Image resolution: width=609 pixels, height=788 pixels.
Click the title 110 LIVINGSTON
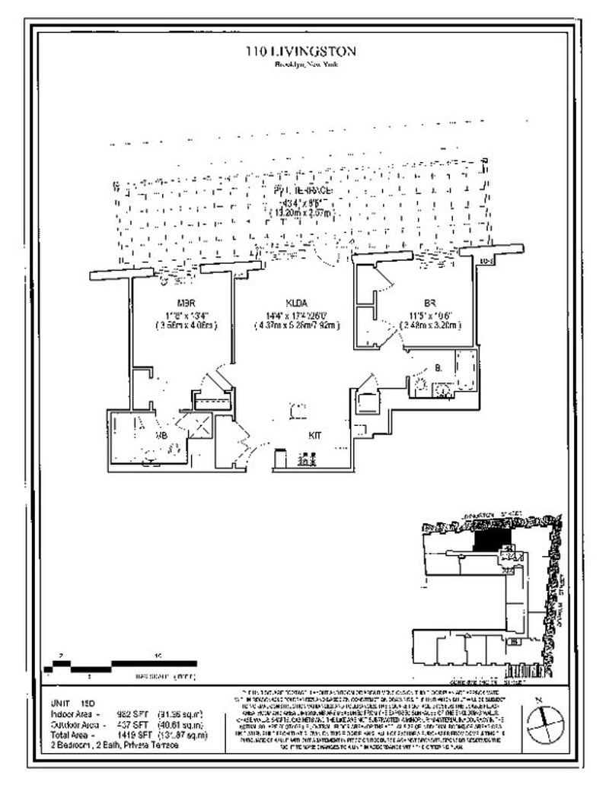(x=300, y=51)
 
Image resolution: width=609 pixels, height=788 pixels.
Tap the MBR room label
(x=183, y=302)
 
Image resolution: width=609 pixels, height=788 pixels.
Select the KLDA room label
(x=296, y=302)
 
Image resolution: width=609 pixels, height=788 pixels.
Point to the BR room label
(x=429, y=302)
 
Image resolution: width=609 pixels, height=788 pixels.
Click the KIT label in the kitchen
(x=314, y=436)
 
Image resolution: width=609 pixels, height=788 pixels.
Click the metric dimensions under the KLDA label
(x=297, y=326)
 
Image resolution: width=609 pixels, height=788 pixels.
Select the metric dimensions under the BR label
(x=430, y=326)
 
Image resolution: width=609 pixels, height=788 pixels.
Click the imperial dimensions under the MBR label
(x=183, y=314)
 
